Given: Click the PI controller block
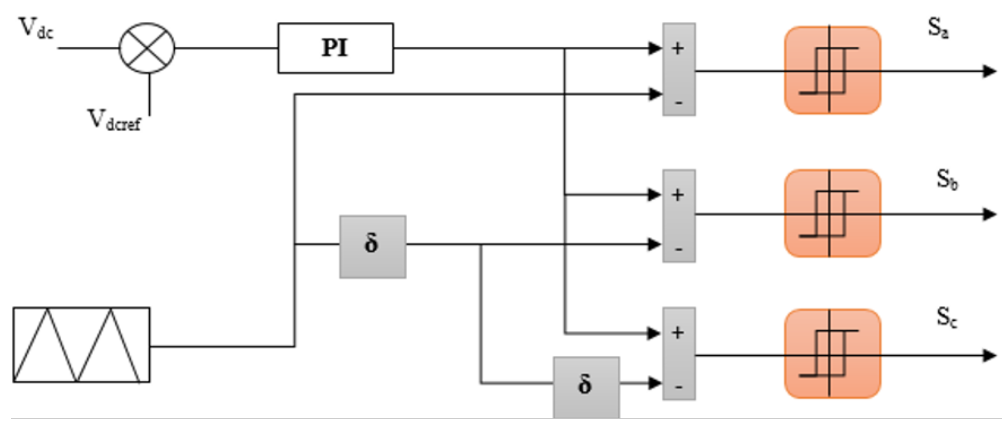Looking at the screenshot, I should click(335, 48).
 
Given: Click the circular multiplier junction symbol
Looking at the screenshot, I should click(147, 48).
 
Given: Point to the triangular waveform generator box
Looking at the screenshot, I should click(81, 345).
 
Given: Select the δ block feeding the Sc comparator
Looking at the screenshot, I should click(586, 385).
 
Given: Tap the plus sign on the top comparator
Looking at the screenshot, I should click(678, 48).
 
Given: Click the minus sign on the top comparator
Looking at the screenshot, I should click(678, 103).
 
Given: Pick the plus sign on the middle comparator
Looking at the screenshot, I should click(678, 195).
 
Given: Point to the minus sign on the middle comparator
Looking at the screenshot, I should click(678, 249).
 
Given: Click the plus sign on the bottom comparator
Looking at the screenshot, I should click(678, 333).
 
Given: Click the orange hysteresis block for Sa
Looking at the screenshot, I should click(833, 70).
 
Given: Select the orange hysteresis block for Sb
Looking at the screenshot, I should click(833, 214).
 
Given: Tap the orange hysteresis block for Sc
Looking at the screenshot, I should click(833, 354).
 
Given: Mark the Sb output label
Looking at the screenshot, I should click(947, 180).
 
